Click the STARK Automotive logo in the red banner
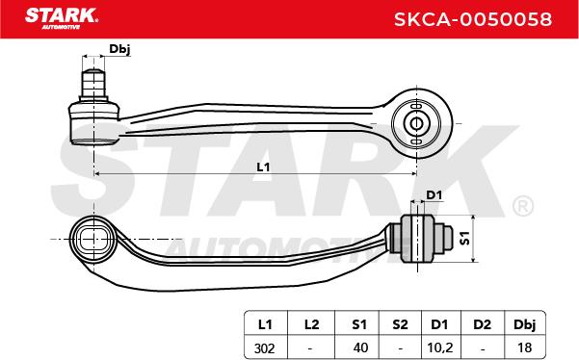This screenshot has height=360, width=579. coord(62,18)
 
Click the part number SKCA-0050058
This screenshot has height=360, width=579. coord(473,19)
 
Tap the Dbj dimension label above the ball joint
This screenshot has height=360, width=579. coord(119,49)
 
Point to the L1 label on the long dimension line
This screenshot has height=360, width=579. coord(263,167)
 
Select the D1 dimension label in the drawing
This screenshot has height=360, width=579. coord(434,194)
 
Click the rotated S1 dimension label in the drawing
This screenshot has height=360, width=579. coord(464,238)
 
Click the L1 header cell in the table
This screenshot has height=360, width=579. coord(265,324)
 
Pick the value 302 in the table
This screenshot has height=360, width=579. coord(264,347)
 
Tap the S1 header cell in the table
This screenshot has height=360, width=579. coord(359,324)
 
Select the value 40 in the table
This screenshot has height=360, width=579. coord(360,347)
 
